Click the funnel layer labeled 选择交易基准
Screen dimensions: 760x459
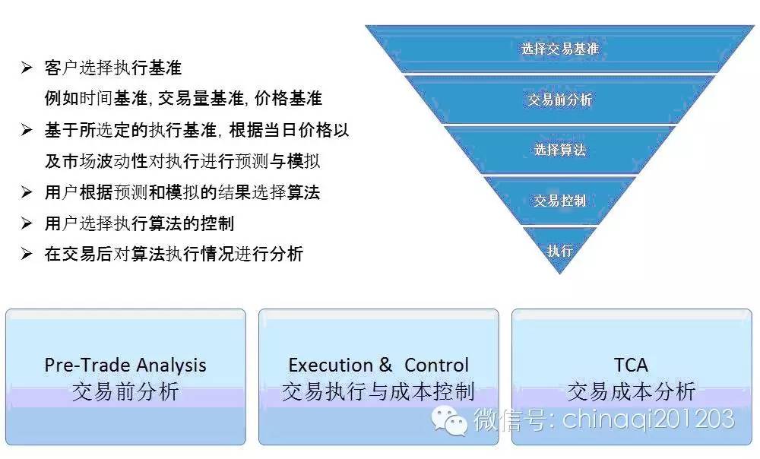pos(560,49)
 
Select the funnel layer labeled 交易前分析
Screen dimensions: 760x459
pos(560,100)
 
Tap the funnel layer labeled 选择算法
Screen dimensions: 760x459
pos(560,150)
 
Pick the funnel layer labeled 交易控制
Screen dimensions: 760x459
pos(560,200)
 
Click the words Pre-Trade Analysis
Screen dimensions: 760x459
pos(125,365)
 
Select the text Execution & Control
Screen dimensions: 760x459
pos(378,365)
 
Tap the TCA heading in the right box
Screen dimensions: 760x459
pos(631,365)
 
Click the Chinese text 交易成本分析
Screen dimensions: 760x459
pos(632,391)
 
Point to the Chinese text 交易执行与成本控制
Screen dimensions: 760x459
pos(378,391)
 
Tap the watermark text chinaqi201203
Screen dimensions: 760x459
pos(648,419)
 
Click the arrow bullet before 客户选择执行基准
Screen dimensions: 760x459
pos(27,68)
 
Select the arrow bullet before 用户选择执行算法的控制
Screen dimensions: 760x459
pos(27,223)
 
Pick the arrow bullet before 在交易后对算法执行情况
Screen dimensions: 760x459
pos(27,254)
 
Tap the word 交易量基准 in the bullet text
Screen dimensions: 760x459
pos(201,98)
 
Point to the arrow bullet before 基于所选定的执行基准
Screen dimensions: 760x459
pos(27,130)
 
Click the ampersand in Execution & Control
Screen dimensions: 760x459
pos(386,365)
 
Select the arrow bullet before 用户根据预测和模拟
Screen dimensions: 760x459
pos(27,192)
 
